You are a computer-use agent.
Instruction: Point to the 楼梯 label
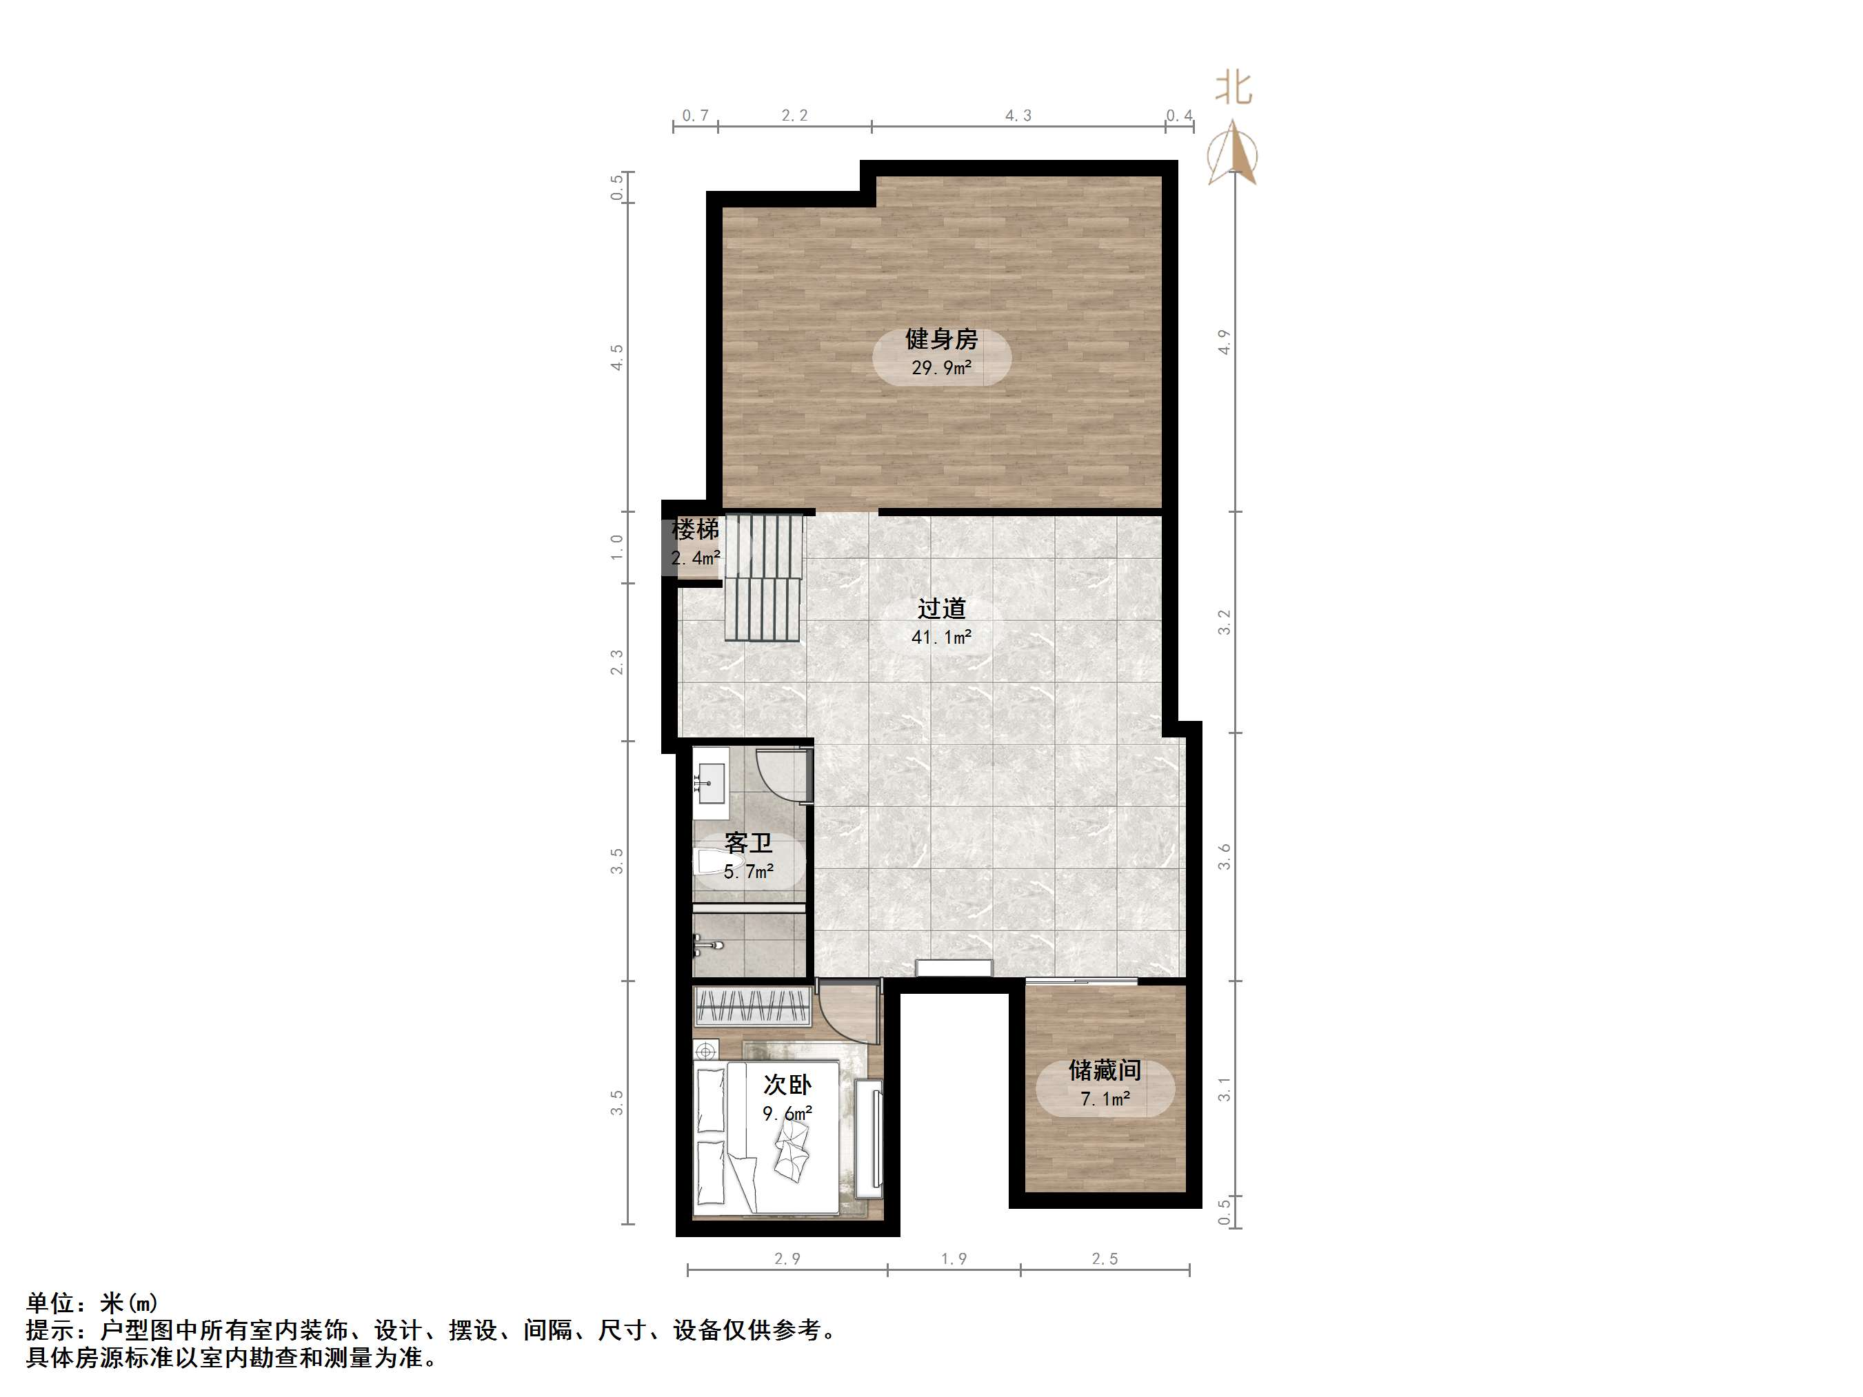pyautogui.click(x=695, y=531)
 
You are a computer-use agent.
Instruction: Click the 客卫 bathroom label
pyautogui.click(x=748, y=843)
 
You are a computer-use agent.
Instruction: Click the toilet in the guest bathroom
pyautogui.click(x=712, y=863)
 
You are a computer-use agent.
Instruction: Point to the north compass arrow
pyautogui.click(x=1234, y=152)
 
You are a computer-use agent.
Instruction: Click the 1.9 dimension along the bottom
pyautogui.click(x=954, y=1259)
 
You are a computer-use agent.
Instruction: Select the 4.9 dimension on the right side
pyautogui.click(x=1225, y=341)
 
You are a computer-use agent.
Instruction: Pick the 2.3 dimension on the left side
pyautogui.click(x=617, y=662)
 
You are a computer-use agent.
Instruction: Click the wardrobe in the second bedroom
pyautogui.click(x=752, y=1006)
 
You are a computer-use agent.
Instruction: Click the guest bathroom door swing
pyautogui.click(x=782, y=773)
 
